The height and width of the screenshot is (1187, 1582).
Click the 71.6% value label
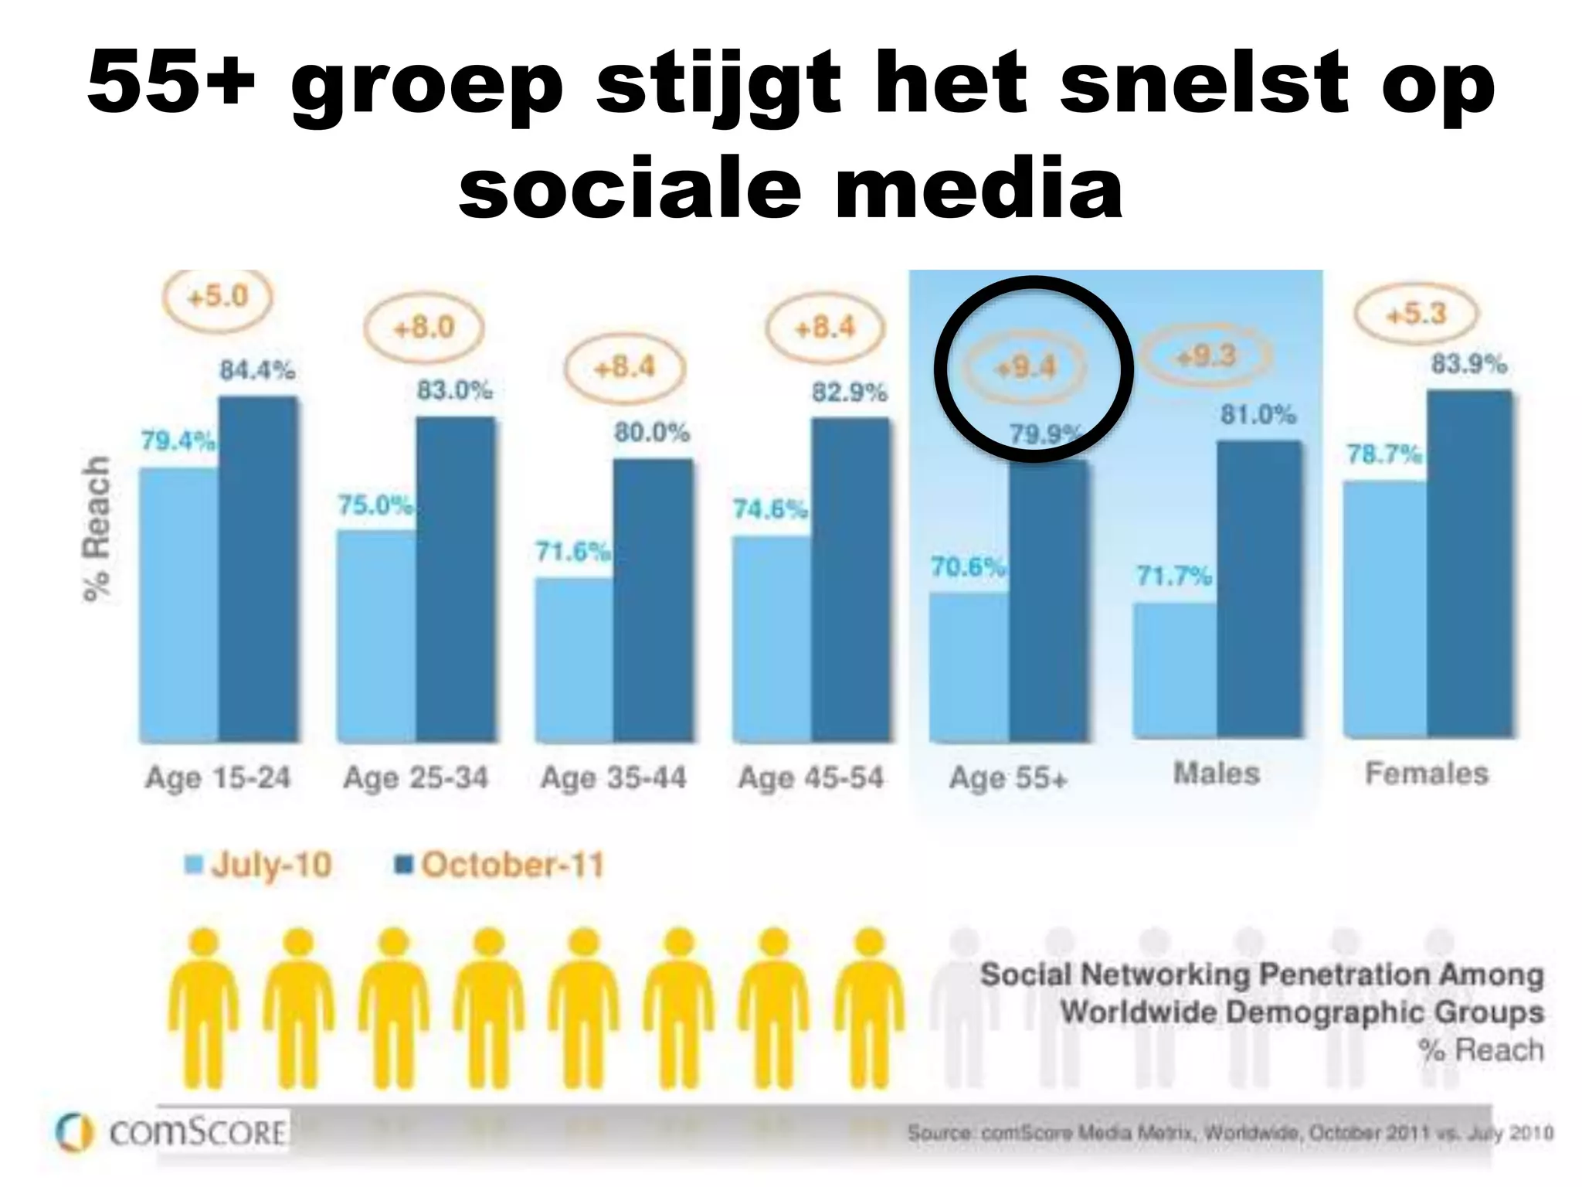click(x=573, y=552)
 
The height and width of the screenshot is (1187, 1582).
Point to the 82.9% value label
click(x=849, y=393)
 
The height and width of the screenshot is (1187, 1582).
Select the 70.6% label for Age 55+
click(x=968, y=567)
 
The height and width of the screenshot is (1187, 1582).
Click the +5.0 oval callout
click(x=219, y=297)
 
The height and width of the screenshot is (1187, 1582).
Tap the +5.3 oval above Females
click(x=1416, y=315)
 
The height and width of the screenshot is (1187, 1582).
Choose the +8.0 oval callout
click(x=424, y=328)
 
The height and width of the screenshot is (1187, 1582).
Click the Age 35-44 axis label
click(x=613, y=777)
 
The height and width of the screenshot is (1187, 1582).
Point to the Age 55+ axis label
click(x=1008, y=777)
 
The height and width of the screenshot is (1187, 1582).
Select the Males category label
click(x=1217, y=774)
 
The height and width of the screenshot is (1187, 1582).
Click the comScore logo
click(x=172, y=1133)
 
